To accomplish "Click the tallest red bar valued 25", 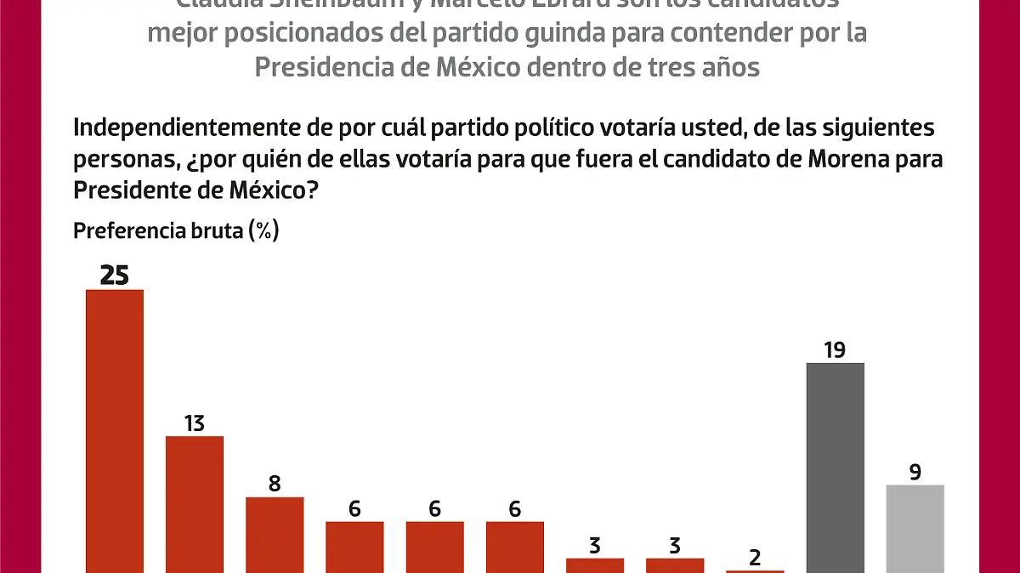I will point(115,429).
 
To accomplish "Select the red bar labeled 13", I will point(195,503).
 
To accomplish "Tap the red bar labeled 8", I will point(275,534).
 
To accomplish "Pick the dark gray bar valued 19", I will point(835,467).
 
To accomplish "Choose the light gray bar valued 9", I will point(915,528).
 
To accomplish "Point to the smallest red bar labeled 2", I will point(755,571).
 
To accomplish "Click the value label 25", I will point(114,275).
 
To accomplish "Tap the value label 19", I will point(834,349).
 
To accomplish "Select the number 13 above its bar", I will point(195,423).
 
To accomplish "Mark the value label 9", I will point(915,472).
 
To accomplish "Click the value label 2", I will point(755,558).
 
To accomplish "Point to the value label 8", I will point(275,484).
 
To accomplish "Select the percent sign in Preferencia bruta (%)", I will point(263,230).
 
